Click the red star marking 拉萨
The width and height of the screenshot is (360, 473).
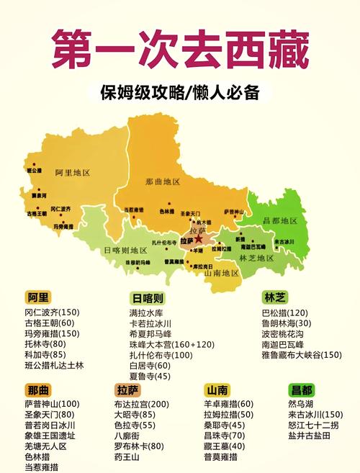coord(199,239)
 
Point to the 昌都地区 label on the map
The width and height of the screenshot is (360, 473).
coord(281,220)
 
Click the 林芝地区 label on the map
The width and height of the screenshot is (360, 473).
coord(257,257)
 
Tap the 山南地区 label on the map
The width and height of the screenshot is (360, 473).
coord(221,274)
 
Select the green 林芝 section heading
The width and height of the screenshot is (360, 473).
coord(275,297)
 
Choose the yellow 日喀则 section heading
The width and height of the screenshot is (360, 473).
coord(149,298)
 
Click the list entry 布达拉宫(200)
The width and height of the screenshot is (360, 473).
coord(141,404)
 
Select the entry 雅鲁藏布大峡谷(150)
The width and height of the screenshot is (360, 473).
coord(302,355)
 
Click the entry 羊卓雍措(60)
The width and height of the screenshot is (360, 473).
coord(228,404)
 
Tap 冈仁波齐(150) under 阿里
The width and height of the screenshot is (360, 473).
coord(52,312)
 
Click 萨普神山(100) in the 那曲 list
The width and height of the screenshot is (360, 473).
coord(52,404)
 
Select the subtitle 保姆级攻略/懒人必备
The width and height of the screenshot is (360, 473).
coord(179,93)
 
